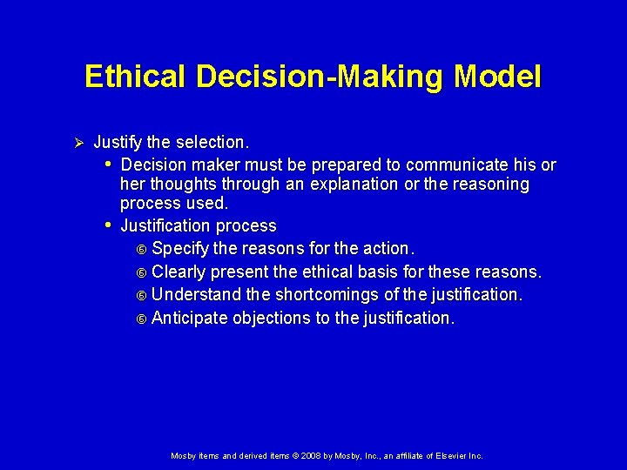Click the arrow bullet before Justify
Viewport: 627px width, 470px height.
click(x=78, y=142)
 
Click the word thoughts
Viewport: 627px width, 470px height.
click(x=185, y=185)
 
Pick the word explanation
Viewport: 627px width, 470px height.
click(x=354, y=185)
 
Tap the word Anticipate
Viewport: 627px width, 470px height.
click(x=187, y=318)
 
